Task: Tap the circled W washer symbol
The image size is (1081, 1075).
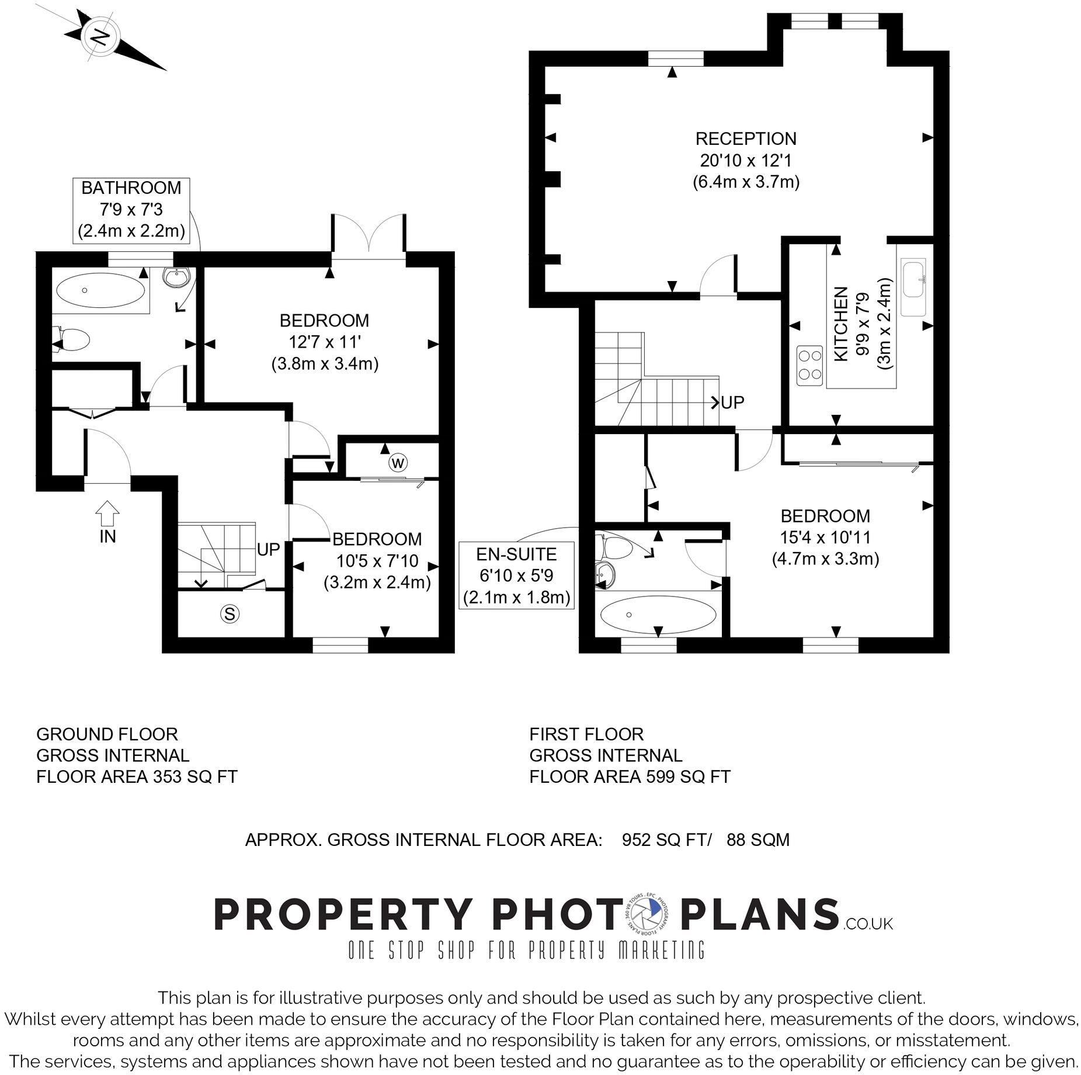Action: [398, 463]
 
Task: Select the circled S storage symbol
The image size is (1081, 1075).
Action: [230, 613]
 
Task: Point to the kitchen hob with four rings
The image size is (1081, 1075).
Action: [809, 365]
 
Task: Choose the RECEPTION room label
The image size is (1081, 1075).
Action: [746, 139]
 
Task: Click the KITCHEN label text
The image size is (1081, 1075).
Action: [840, 324]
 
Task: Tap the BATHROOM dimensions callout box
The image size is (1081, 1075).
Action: [131, 210]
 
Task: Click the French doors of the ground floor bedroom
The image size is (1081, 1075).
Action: [369, 237]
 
